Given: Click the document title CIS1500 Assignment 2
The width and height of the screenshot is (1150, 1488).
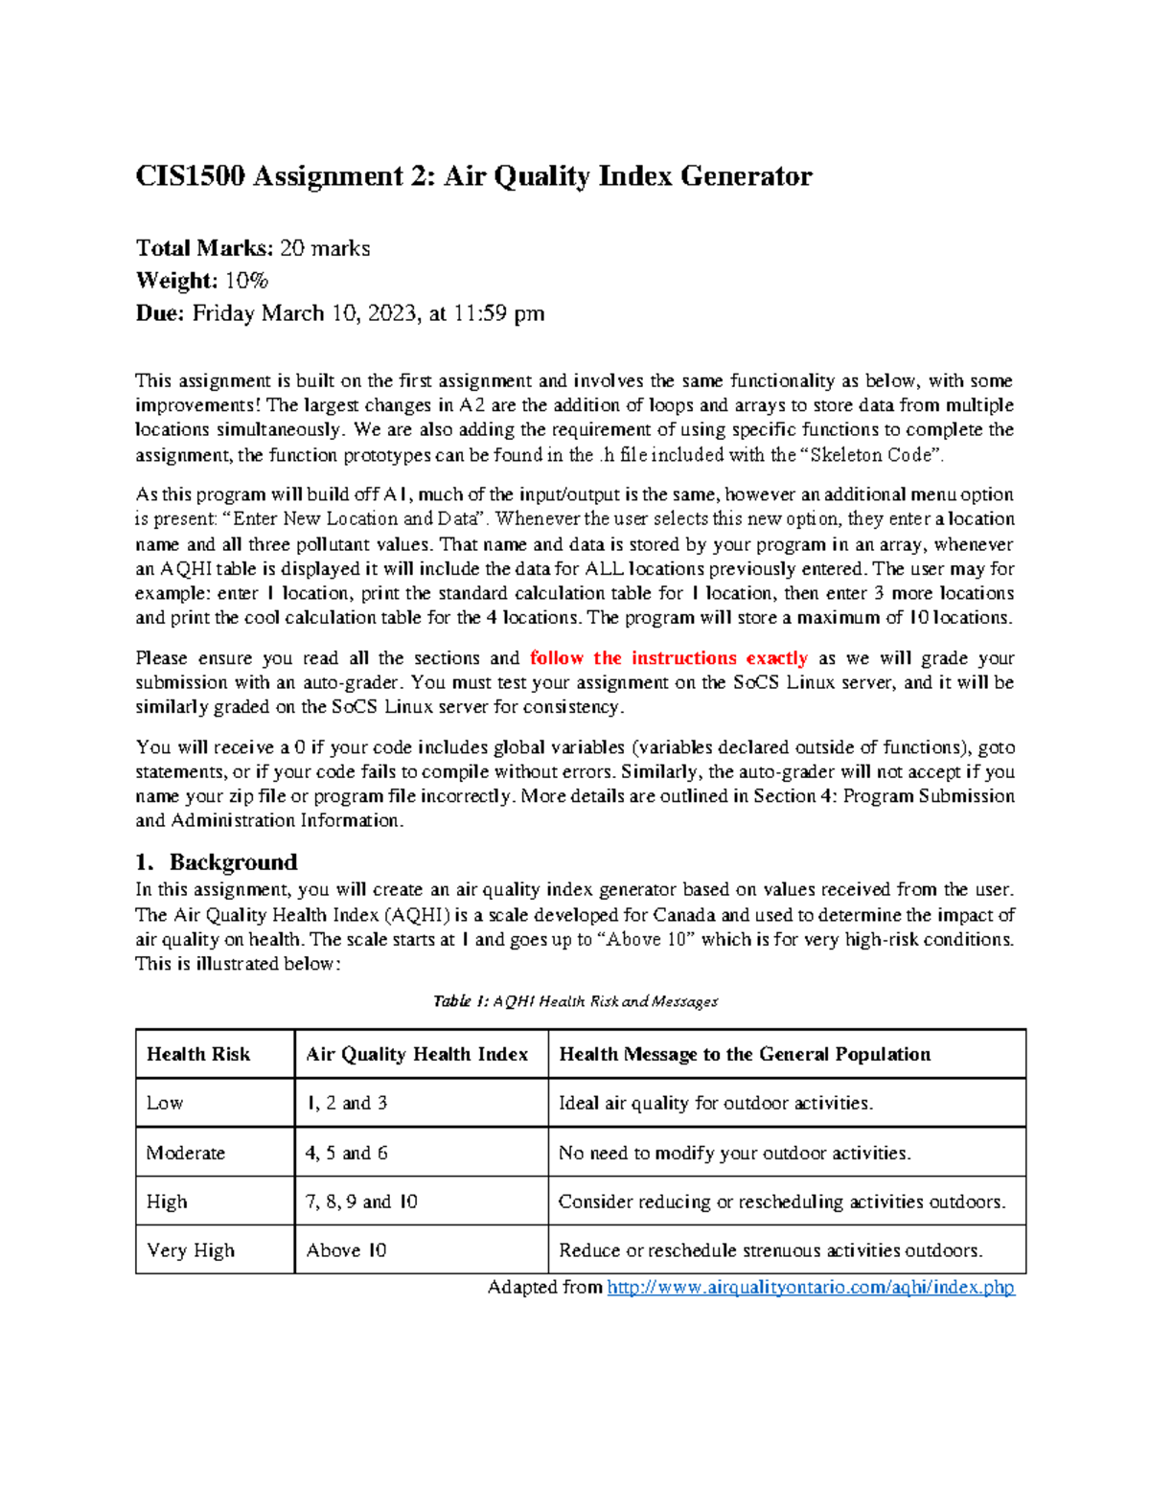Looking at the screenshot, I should (473, 176).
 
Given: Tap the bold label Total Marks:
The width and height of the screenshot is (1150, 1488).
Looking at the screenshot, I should (204, 248).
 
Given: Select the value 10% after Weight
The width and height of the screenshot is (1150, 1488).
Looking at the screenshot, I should (246, 281).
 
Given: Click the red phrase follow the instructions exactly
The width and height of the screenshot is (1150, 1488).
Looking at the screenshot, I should (668, 658).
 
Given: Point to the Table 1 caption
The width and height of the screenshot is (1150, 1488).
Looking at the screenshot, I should (575, 1001).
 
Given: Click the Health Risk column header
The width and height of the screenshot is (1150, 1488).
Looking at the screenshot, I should (198, 1054).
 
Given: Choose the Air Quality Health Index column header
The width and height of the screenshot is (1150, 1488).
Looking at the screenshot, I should (417, 1054).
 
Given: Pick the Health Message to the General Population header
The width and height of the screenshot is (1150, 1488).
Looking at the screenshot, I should (745, 1054).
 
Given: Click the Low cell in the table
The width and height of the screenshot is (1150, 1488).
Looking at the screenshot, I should (165, 1103).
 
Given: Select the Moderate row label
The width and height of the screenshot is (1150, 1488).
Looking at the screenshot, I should (186, 1153).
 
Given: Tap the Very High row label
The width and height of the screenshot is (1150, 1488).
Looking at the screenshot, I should (191, 1250).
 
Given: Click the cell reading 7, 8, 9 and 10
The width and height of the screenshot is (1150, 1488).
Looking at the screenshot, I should (361, 1202).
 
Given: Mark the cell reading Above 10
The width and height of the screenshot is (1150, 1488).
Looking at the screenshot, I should (346, 1250).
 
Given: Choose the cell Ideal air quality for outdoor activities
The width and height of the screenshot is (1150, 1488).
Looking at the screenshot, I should (716, 1103).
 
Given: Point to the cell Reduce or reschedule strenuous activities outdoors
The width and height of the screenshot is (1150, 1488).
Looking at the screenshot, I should (770, 1250).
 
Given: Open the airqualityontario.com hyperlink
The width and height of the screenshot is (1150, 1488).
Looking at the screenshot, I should (811, 1287).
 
